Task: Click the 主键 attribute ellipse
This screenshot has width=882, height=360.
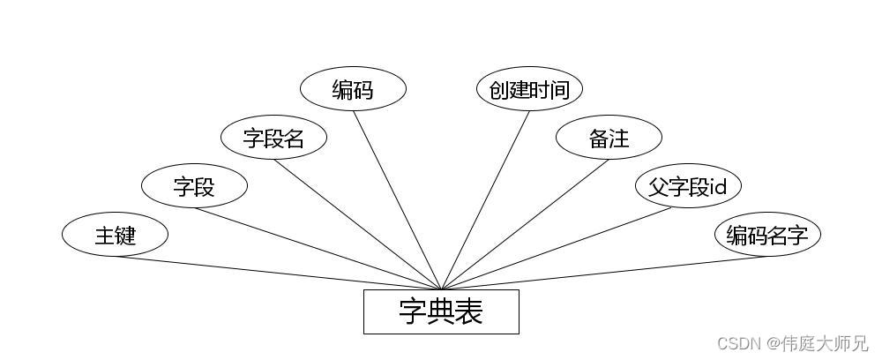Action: click(x=115, y=235)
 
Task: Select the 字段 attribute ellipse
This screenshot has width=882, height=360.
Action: click(x=194, y=186)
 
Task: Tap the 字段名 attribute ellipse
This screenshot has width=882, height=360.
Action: click(x=273, y=138)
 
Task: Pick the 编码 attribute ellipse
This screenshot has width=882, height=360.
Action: click(x=353, y=89)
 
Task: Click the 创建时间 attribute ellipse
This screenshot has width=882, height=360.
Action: click(x=529, y=89)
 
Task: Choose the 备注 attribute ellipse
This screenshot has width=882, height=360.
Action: click(x=609, y=138)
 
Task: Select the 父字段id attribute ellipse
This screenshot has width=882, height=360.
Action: click(x=688, y=186)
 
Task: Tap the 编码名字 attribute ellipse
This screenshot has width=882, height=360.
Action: click(x=767, y=235)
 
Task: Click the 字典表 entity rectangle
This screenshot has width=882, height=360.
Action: click(x=441, y=311)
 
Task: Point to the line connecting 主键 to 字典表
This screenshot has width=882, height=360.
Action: click(x=278, y=273)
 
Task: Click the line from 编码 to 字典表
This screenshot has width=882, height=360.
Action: click(x=397, y=201)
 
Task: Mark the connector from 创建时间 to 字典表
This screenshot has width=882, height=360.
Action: click(x=485, y=201)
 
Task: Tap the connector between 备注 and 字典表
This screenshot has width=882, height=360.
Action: click(x=525, y=224)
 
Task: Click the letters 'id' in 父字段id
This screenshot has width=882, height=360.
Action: click(x=718, y=187)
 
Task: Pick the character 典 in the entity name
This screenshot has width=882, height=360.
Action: click(x=441, y=311)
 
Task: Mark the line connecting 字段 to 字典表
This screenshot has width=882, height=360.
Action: click(x=318, y=248)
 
